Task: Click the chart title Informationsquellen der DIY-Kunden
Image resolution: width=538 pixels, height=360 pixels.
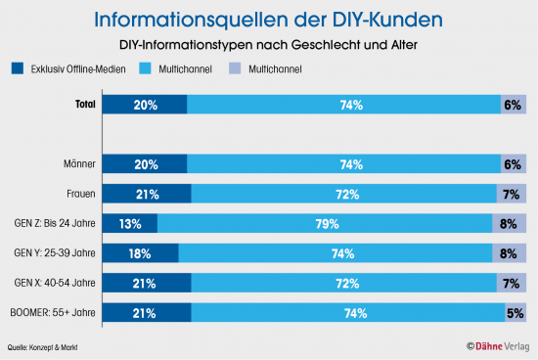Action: coord(268,20)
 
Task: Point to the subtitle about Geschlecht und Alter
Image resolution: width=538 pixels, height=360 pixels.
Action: coord(268,45)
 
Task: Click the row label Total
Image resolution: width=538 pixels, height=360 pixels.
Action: coord(86,105)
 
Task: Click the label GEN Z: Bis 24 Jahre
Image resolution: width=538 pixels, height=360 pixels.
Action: coord(58,225)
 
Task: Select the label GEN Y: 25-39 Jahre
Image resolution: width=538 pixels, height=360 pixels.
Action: coord(58,254)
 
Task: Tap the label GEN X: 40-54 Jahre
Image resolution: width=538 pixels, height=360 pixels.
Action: coord(58,284)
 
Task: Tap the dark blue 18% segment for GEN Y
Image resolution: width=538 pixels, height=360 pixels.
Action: coord(140,254)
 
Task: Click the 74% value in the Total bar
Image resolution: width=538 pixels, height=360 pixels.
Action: coord(343,105)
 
